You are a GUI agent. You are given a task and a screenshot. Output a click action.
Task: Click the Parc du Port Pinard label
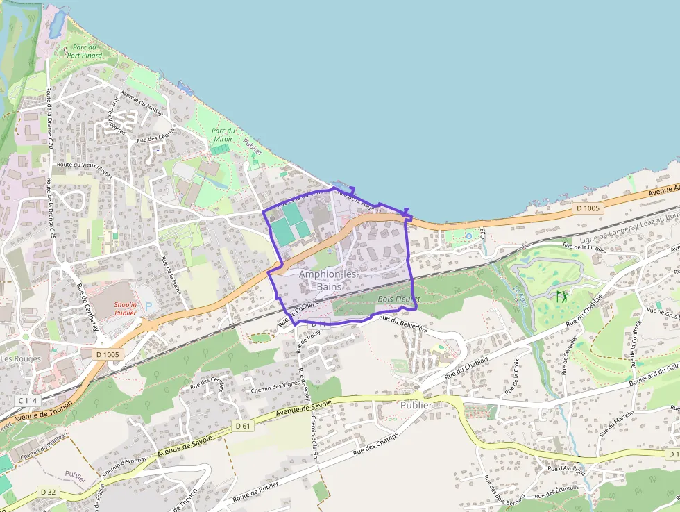85,51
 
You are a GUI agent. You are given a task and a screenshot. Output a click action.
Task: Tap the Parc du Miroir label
223,135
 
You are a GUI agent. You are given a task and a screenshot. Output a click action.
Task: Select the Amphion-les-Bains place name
328,280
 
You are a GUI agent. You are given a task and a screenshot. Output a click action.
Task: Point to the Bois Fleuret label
399,298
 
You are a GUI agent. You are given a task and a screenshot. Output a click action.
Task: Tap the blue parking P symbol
147,306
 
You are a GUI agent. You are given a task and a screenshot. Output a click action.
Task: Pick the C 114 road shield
28,401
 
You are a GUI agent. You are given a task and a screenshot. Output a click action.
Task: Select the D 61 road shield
242,425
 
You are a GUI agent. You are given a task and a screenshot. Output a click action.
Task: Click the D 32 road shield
48,492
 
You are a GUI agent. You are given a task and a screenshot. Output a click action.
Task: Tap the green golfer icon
561,297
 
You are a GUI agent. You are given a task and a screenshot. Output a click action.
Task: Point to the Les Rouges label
20,359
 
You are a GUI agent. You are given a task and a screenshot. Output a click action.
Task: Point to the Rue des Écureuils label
558,495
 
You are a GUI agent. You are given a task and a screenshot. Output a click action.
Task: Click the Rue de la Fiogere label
586,245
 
